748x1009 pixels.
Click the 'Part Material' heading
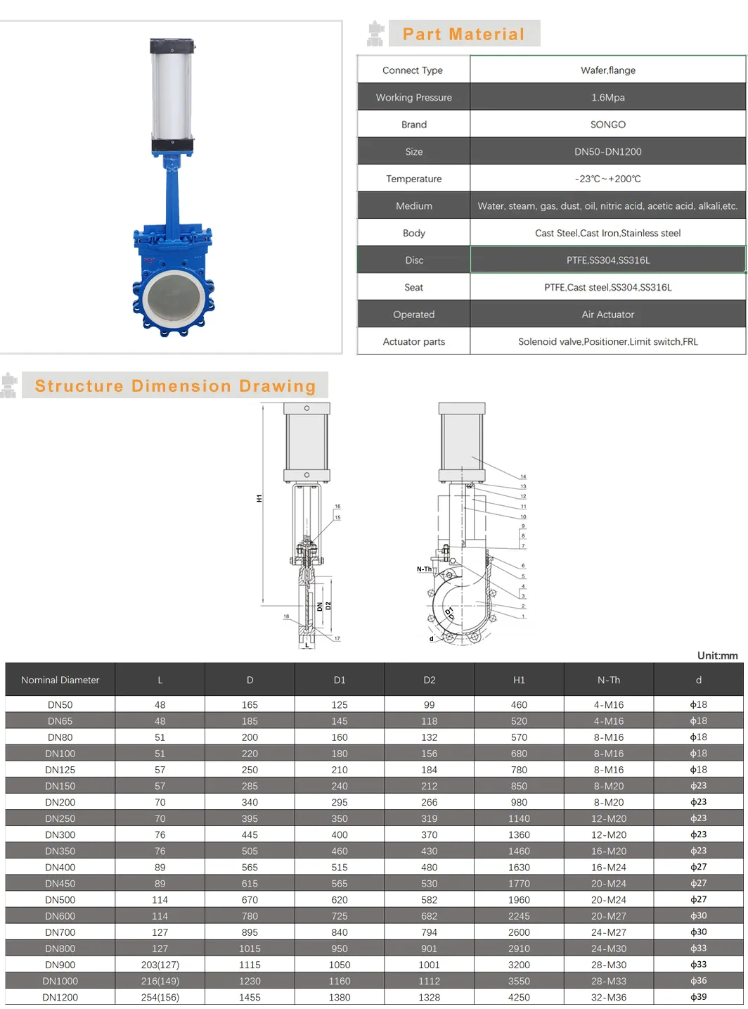pos(463,34)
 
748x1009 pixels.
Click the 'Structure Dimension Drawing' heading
pos(175,386)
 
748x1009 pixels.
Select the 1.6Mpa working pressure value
pos(608,97)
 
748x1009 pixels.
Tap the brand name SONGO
pos(608,125)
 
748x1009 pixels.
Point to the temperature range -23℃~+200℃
pos(608,179)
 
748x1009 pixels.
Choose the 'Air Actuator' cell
pos(608,315)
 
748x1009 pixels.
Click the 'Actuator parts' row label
pos(414,342)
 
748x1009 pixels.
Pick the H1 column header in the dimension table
pos(519,680)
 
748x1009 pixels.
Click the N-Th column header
pos(608,680)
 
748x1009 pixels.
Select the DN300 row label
pos(60,835)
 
